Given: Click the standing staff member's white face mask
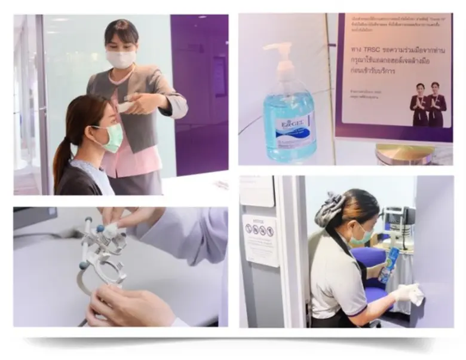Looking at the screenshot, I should (x=121, y=59).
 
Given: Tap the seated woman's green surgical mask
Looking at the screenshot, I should (x=111, y=138).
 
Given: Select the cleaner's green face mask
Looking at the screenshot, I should (x=362, y=236).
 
